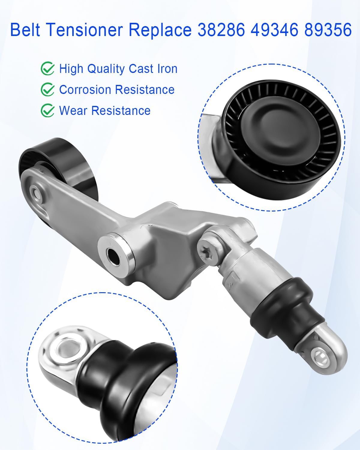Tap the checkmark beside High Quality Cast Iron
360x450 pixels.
click(x=47, y=69)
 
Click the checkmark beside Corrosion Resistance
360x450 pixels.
click(x=47, y=90)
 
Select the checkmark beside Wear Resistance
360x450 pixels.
click(x=47, y=111)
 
